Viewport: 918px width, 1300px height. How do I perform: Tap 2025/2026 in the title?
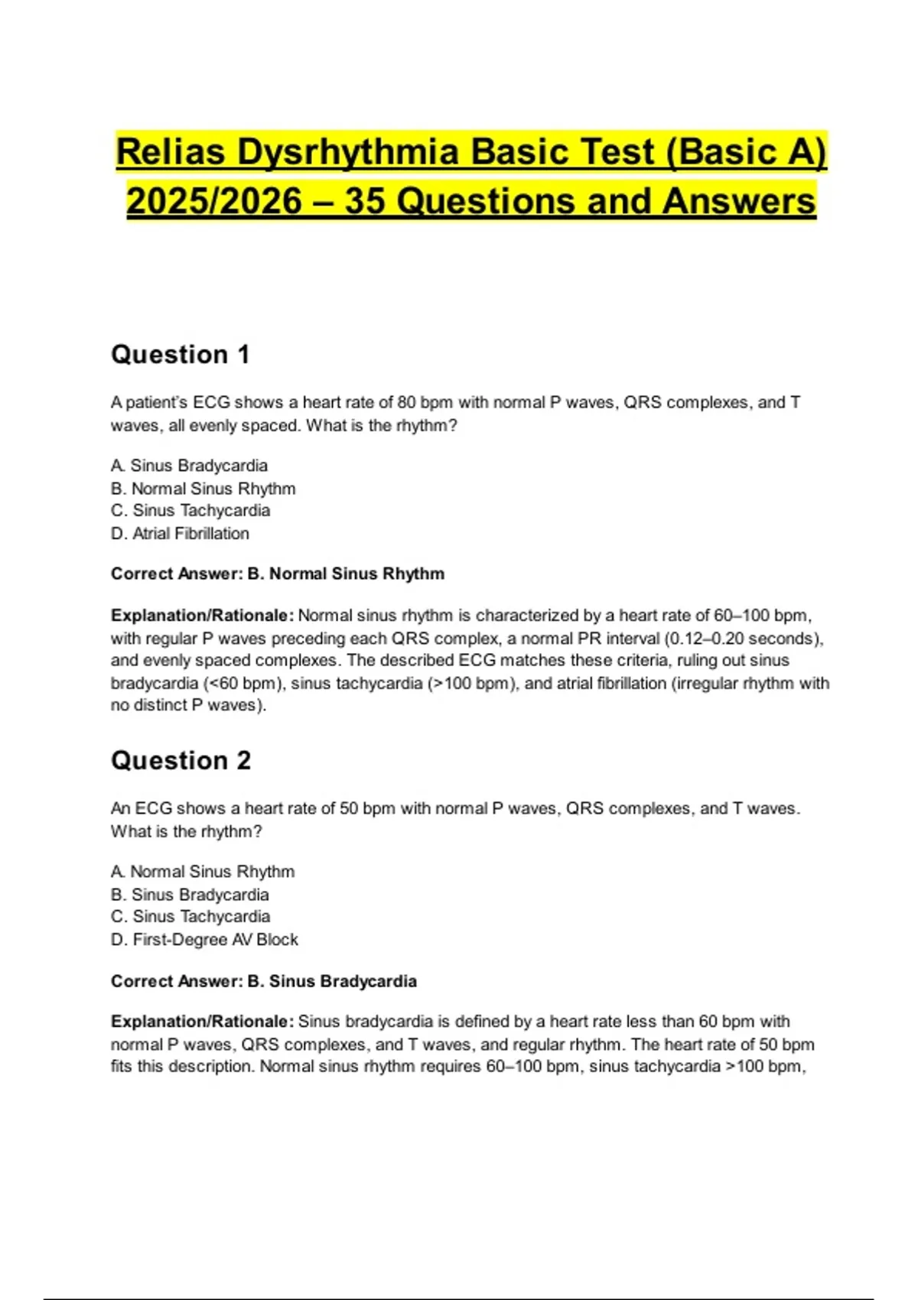click(x=214, y=202)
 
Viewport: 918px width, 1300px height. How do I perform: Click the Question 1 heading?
click(x=181, y=355)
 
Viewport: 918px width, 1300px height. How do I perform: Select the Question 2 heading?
click(x=181, y=761)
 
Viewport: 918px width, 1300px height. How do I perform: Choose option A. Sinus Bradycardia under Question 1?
click(x=189, y=466)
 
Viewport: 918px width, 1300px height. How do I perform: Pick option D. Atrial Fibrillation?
click(x=180, y=534)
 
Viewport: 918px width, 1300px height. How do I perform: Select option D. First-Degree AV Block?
click(x=204, y=940)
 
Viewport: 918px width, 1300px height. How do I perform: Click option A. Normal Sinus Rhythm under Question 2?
click(x=203, y=872)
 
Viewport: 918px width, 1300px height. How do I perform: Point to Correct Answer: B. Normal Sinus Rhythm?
click(x=277, y=574)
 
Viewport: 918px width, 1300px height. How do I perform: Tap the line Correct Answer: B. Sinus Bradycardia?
click(x=263, y=982)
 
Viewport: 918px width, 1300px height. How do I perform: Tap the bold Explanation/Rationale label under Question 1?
click(x=202, y=616)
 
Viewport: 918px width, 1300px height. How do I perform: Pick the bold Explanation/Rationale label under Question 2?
click(x=202, y=1022)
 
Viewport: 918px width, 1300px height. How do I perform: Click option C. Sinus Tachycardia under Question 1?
click(x=190, y=511)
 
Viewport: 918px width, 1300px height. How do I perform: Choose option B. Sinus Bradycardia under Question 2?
click(x=190, y=895)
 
